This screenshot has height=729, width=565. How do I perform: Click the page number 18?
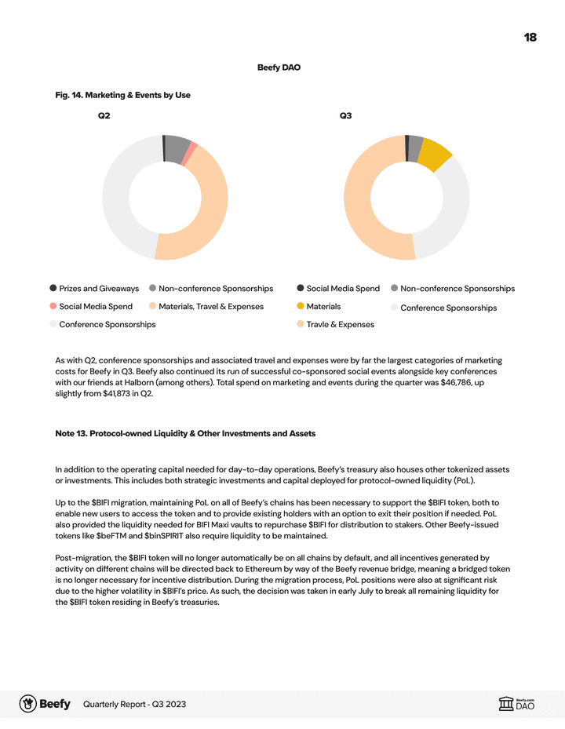click(x=530, y=38)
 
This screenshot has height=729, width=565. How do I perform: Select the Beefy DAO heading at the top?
click(x=279, y=67)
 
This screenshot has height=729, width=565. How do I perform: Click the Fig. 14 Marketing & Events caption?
click(x=122, y=95)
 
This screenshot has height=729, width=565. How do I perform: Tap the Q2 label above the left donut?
click(x=104, y=116)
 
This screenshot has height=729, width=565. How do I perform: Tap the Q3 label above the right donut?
click(x=345, y=116)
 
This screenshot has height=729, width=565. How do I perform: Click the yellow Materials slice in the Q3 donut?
click(x=434, y=155)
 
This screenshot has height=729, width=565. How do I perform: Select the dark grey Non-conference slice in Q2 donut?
click(x=176, y=148)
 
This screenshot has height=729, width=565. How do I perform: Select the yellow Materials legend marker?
click(x=301, y=306)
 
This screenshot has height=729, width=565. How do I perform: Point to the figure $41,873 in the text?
click(x=121, y=393)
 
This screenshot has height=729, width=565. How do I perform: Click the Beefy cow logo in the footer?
click(x=28, y=703)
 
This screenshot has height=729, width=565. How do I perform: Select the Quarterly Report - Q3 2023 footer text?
click(x=134, y=704)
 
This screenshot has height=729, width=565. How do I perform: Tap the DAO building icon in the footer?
click(x=506, y=704)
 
